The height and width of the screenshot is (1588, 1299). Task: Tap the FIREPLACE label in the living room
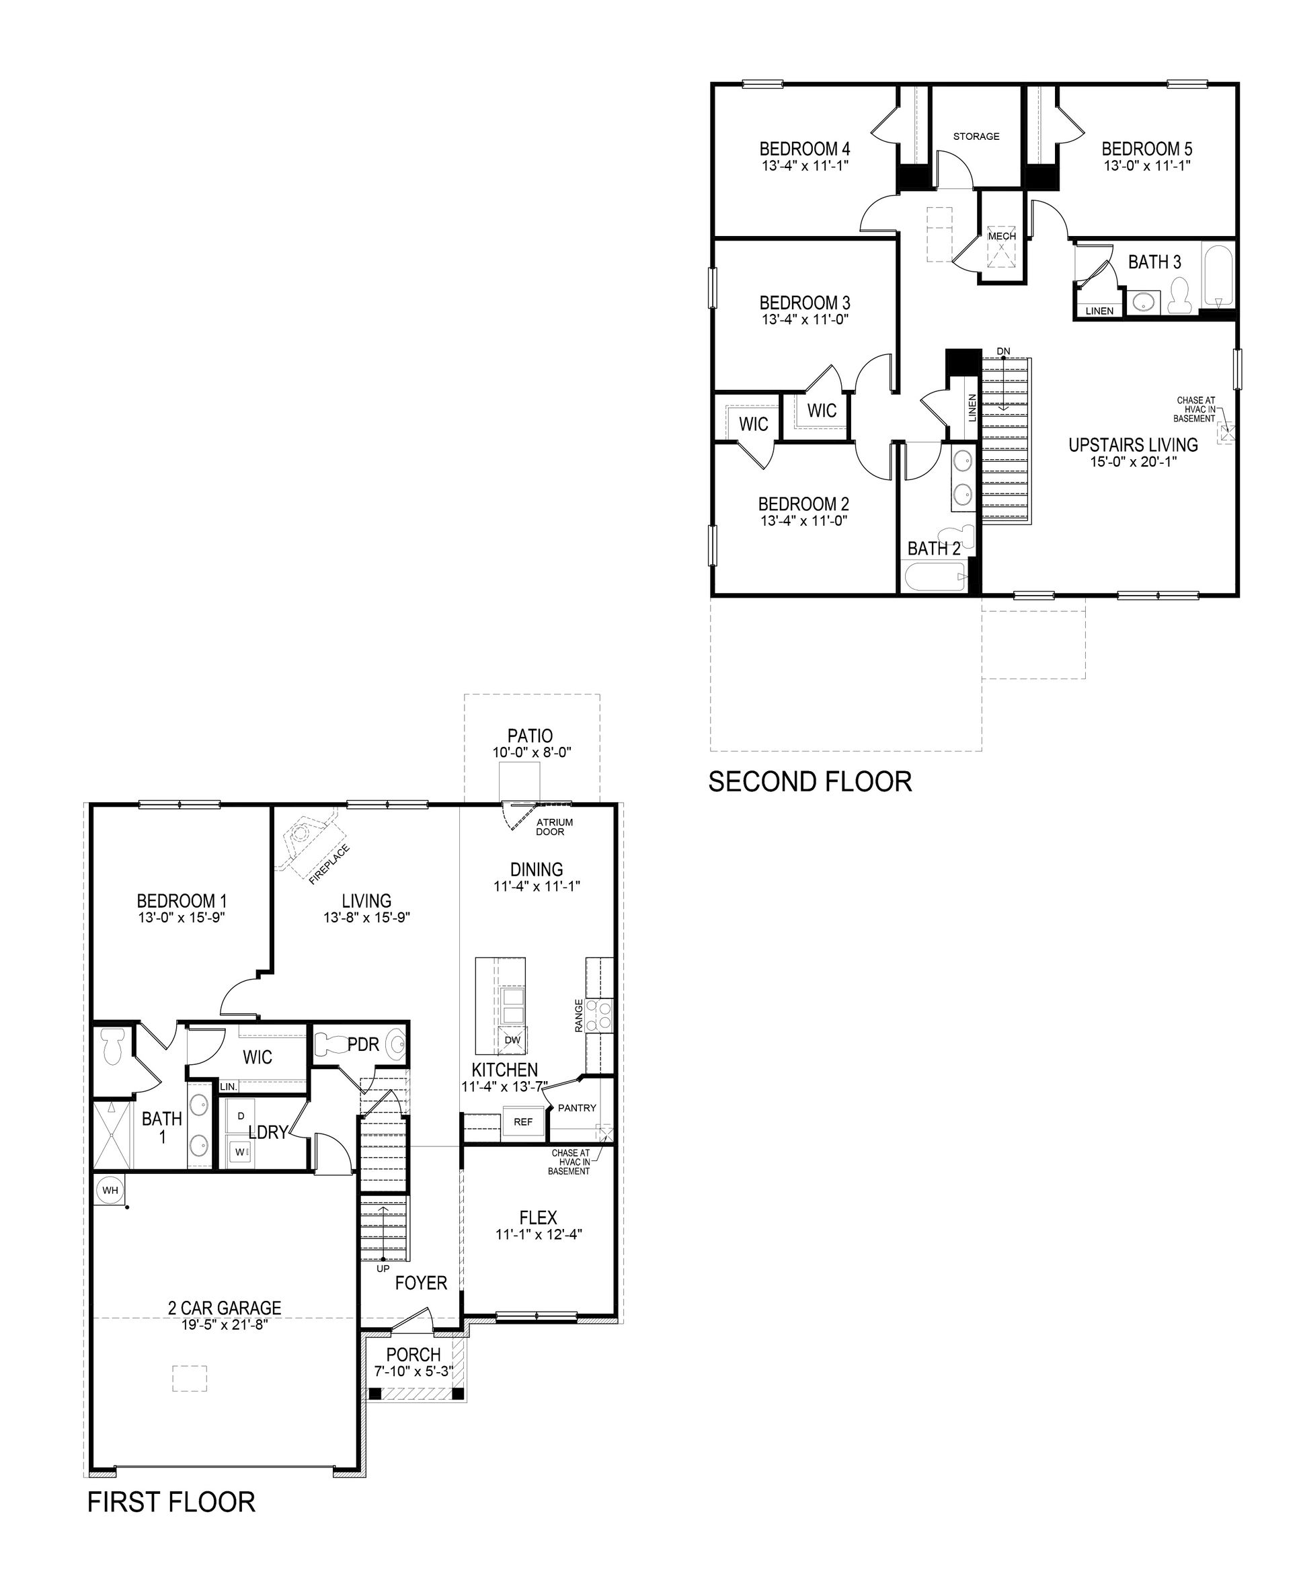click(330, 865)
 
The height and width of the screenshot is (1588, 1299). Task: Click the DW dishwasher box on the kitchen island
click(512, 1040)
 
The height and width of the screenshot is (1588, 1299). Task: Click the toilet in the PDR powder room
click(327, 1043)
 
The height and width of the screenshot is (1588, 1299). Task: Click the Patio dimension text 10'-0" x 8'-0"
click(531, 753)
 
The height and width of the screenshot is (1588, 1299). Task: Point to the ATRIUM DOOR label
click(555, 827)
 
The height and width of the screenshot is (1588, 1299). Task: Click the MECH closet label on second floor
click(1002, 236)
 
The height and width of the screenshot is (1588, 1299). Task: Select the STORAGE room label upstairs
click(976, 136)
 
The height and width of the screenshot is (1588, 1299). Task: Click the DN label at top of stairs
click(1003, 351)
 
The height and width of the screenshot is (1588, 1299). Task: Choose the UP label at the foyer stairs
click(383, 1269)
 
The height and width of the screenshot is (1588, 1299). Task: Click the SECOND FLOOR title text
click(810, 782)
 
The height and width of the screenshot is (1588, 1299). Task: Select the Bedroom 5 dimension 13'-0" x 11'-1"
click(1146, 165)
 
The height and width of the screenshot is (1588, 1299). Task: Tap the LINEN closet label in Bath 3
click(1099, 311)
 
